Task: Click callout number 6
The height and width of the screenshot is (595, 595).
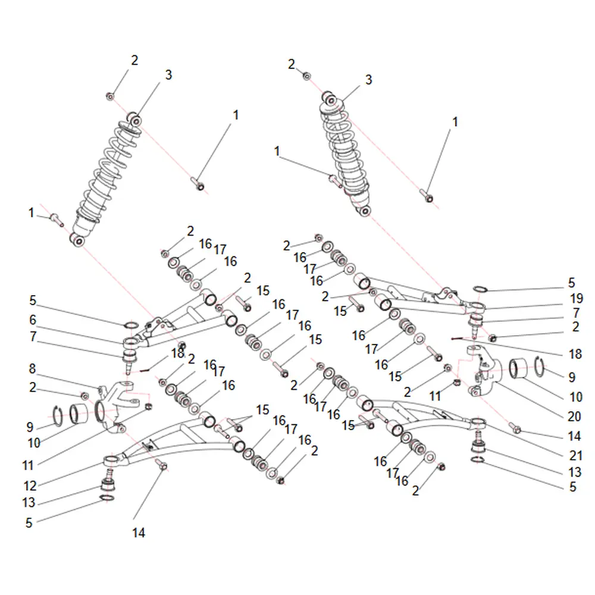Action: [x=33, y=320]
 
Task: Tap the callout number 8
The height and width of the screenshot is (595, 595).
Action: [x=33, y=368]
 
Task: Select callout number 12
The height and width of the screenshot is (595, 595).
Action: [x=30, y=486]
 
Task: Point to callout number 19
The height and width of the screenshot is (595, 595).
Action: [x=577, y=299]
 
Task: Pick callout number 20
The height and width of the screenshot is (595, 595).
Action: [x=574, y=416]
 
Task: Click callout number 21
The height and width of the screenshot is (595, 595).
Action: [x=576, y=455]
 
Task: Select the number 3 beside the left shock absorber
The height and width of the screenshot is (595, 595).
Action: [x=168, y=75]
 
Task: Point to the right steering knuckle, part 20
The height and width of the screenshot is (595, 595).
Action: [x=484, y=371]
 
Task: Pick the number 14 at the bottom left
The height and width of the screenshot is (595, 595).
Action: [x=139, y=533]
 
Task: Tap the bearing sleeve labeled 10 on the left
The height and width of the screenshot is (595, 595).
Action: [x=79, y=414]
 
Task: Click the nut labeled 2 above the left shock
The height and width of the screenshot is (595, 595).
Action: [x=110, y=96]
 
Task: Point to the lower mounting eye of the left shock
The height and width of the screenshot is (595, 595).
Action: [x=77, y=240]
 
